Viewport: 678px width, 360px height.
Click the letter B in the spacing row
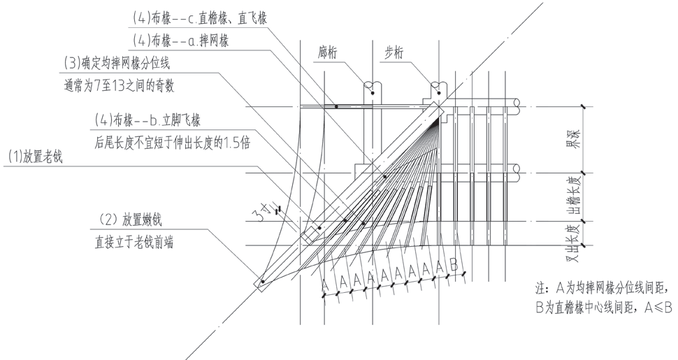click(x=453, y=266)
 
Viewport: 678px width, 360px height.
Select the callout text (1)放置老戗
click(x=33, y=157)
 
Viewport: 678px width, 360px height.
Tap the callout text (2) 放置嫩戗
click(x=136, y=219)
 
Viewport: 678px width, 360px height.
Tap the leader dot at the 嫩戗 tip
click(x=262, y=282)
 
